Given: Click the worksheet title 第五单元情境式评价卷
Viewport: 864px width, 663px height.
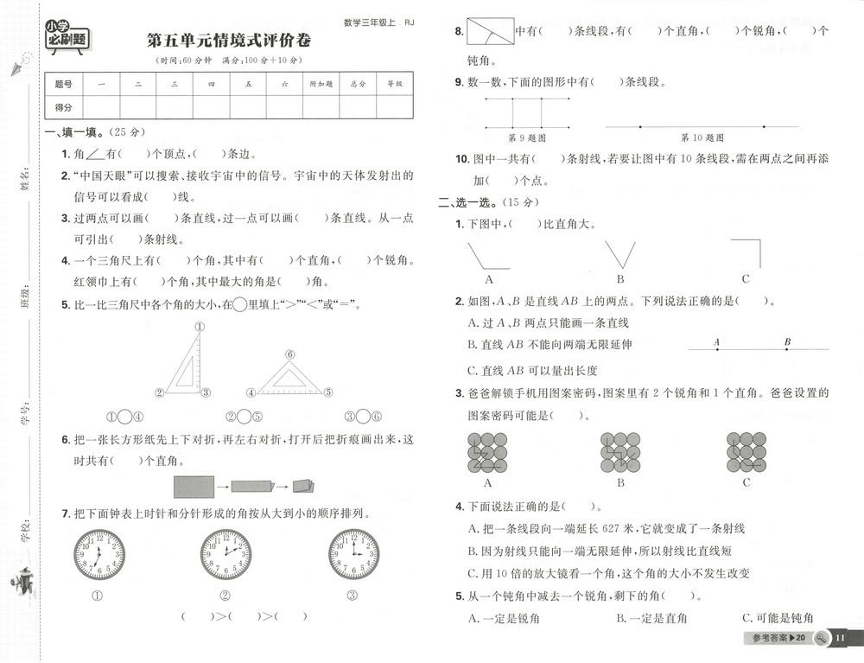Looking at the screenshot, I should pyautogui.click(x=229, y=41).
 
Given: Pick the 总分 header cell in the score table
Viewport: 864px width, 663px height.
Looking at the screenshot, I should pyautogui.click(x=359, y=84).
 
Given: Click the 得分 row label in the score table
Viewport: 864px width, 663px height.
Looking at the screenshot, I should pyautogui.click(x=63, y=106).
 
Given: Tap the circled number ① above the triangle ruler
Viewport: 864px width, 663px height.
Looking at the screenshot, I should pyautogui.click(x=200, y=327).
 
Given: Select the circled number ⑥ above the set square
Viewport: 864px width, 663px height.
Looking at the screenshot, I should pyautogui.click(x=290, y=354).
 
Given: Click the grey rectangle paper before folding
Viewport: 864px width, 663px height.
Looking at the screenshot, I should pyautogui.click(x=194, y=487).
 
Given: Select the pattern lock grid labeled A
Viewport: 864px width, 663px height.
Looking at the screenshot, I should pyautogui.click(x=487, y=451).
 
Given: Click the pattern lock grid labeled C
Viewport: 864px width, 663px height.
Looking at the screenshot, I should pyautogui.click(x=746, y=451).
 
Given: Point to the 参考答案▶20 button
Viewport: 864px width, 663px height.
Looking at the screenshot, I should pyautogui.click(x=778, y=639).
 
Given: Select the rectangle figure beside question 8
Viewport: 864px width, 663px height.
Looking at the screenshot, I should pyautogui.click(x=489, y=32).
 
